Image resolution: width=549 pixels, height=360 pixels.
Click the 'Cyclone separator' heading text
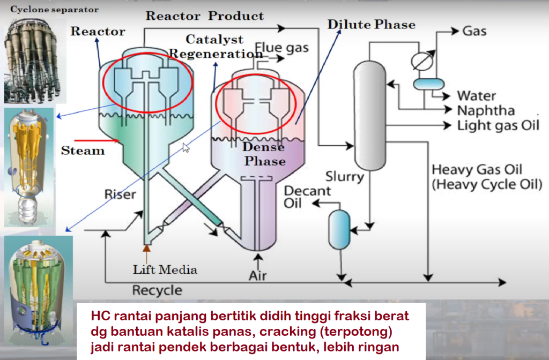coord(54,10)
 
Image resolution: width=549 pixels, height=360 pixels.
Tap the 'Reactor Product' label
coord(205,16)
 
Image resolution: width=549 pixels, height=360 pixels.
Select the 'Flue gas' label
coord(282,48)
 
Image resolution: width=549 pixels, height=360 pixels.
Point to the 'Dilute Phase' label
coord(372,25)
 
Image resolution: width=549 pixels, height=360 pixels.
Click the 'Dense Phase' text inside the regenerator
coord(263,153)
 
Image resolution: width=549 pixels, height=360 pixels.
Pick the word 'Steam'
coord(83,151)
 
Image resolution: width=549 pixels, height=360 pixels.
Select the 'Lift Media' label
coord(165,269)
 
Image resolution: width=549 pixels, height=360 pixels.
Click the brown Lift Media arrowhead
coord(145,248)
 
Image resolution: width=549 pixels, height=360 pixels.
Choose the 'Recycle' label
coord(157,290)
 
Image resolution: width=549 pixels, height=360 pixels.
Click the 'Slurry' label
coord(345,176)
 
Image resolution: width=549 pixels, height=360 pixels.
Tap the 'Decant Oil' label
coord(301,197)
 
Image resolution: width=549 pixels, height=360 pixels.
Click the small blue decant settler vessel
coord(339,229)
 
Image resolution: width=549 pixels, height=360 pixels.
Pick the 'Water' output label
coord(476,96)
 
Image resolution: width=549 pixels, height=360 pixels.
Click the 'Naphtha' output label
coord(486,110)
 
